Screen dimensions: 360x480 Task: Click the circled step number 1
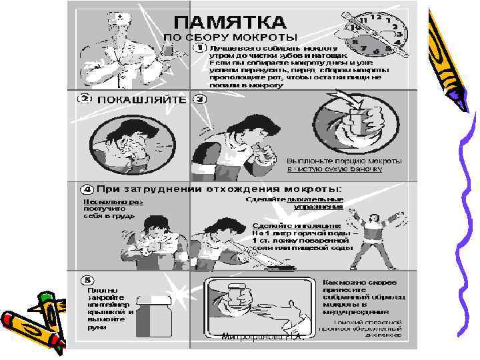point(199,49)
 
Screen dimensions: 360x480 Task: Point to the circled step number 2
point(85,99)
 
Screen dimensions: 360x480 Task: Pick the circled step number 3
point(199,99)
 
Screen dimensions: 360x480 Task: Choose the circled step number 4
point(86,189)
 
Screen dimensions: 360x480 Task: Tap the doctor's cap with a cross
point(120,15)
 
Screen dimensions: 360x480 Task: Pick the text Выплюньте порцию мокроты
point(344,161)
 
